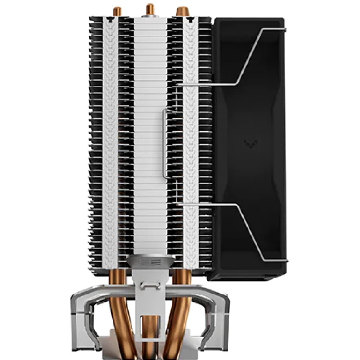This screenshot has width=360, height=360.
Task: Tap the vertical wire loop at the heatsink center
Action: point(165,144)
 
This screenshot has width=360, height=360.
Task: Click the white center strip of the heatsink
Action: point(150,126)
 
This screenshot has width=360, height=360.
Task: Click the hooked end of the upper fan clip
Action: point(284,28)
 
